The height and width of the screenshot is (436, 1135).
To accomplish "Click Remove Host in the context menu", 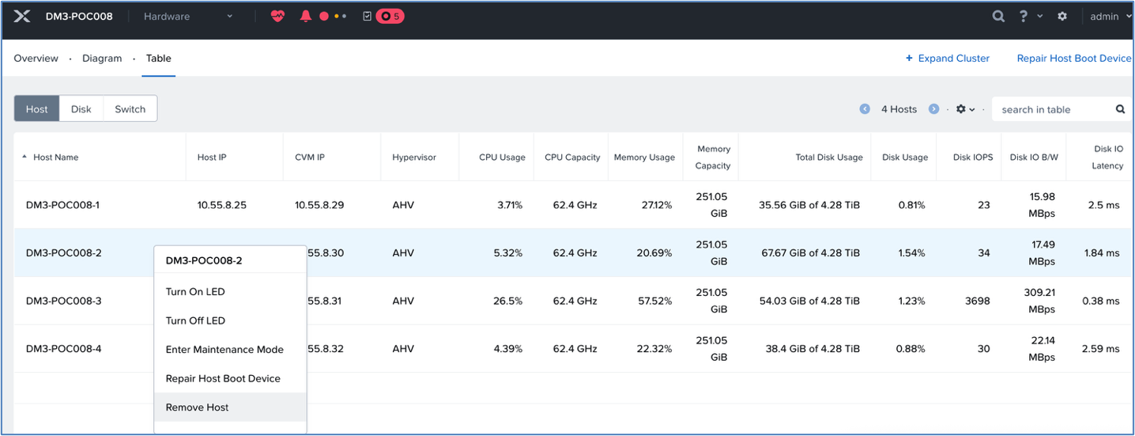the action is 197,407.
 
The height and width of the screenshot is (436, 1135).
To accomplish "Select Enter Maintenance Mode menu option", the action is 224,349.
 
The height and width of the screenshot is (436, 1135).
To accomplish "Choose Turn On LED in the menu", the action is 195,291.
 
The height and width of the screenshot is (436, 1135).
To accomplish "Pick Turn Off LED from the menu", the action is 195,320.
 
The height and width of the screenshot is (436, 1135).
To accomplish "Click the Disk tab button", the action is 81,108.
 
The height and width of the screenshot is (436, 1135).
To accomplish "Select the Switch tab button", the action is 130,108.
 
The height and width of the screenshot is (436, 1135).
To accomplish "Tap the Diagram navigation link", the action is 102,59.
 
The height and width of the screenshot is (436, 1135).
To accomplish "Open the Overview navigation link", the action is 36,59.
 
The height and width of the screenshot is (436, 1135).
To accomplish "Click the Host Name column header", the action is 56,157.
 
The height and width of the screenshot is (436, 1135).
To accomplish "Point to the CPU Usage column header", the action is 502,157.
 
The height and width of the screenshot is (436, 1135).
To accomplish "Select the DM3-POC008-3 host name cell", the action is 64,301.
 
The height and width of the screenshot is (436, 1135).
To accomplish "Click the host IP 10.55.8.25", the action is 222,205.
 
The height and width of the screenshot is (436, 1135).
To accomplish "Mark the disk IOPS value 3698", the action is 978,301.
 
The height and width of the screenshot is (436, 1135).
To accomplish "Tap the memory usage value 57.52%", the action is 654,301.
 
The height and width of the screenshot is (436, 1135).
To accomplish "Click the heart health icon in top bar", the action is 277,17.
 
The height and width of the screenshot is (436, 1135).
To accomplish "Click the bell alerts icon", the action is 306,17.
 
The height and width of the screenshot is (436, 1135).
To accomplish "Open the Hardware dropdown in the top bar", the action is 188,17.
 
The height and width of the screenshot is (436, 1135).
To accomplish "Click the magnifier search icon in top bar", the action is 998,17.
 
